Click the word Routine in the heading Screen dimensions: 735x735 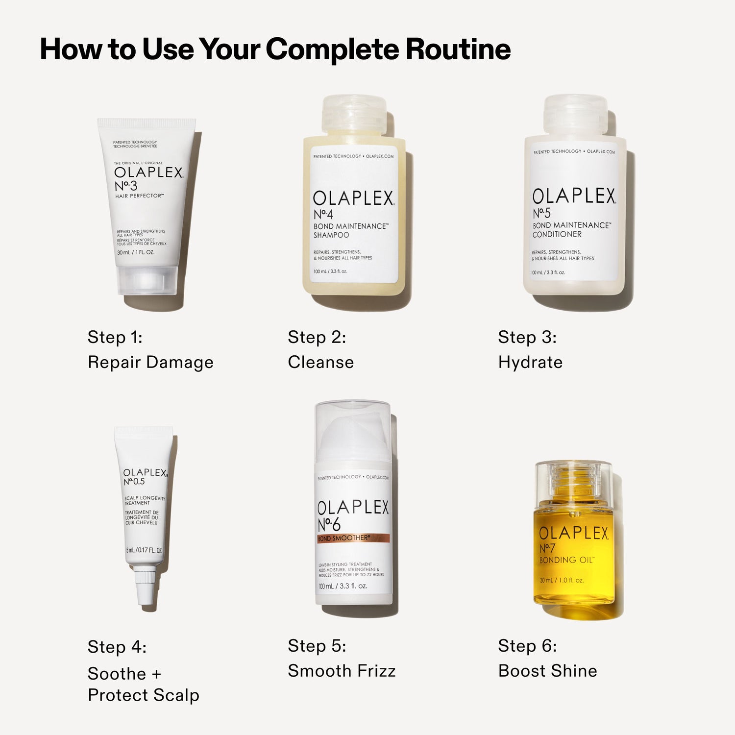point(458,49)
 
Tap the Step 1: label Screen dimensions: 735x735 point(115,337)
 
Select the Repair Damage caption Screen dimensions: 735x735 point(150,362)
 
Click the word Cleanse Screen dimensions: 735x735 point(320,362)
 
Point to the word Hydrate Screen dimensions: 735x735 point(530,362)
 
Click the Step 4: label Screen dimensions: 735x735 point(117,647)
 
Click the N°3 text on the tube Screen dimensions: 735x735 point(126,186)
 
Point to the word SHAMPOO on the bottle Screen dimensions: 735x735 point(331,235)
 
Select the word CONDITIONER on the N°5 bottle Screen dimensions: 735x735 point(557,234)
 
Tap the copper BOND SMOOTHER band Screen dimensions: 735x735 point(353,538)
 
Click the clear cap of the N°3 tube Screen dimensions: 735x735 point(147,280)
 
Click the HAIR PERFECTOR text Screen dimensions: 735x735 point(140,196)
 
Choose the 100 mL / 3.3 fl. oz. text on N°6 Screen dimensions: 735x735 point(343,586)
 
